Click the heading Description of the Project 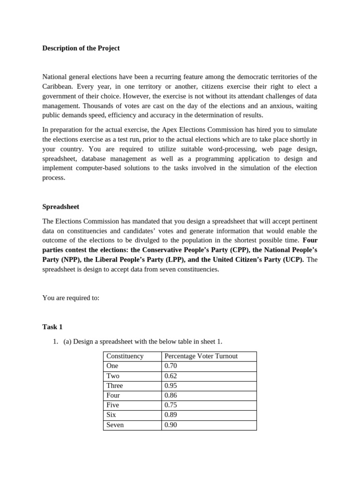point(81,48)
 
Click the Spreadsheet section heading point(60,207)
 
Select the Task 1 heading point(52,327)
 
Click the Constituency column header point(125,356)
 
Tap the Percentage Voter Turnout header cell point(201,356)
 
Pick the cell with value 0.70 point(171,366)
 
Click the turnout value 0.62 point(171,376)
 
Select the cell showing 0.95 point(171,386)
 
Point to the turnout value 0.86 point(171,396)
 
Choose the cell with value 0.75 point(171,405)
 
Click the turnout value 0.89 point(171,415)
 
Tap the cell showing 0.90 point(171,425)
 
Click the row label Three point(114,386)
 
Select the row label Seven point(115,425)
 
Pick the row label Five point(113,405)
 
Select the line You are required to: point(71,298)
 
